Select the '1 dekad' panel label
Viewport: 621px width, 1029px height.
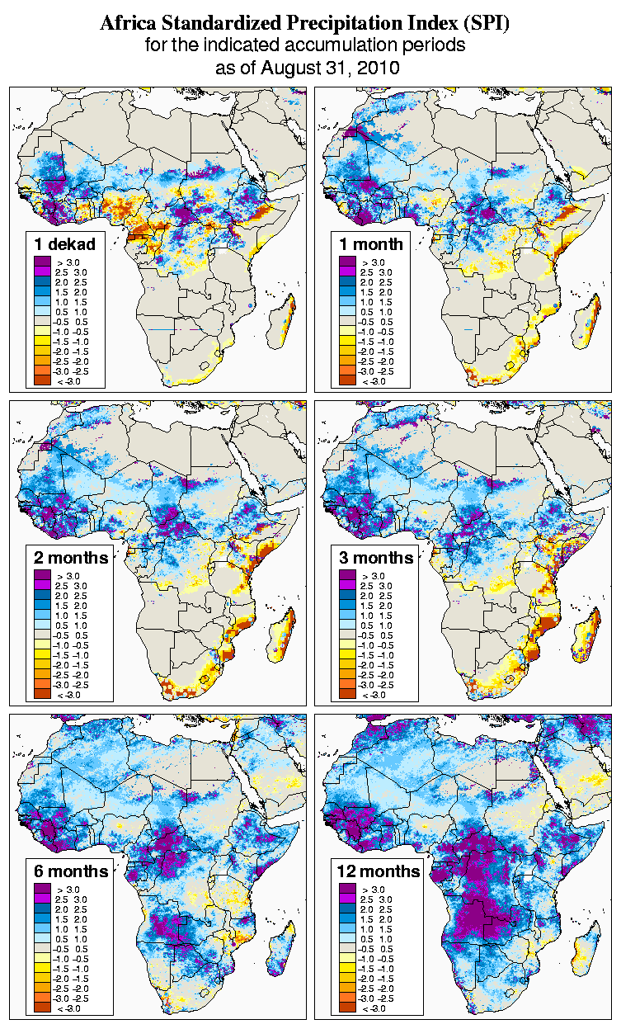click(x=65, y=243)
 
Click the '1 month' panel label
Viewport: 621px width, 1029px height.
click(x=371, y=243)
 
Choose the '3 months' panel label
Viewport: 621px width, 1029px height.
click(x=376, y=558)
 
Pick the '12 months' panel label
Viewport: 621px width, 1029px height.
click(x=379, y=871)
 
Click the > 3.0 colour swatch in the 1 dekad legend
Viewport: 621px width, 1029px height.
click(x=44, y=262)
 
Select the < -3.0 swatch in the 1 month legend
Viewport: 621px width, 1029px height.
click(x=348, y=380)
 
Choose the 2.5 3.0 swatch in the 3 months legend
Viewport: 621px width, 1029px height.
click(x=348, y=585)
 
